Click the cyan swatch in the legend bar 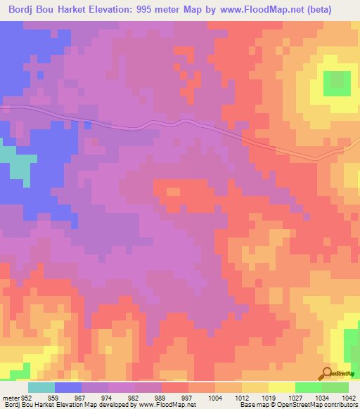click(41, 388)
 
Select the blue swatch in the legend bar click(68, 388)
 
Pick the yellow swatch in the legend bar click(282, 388)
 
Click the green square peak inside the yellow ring click(337, 84)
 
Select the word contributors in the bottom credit click(340, 404)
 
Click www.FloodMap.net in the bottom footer click(167, 404)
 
